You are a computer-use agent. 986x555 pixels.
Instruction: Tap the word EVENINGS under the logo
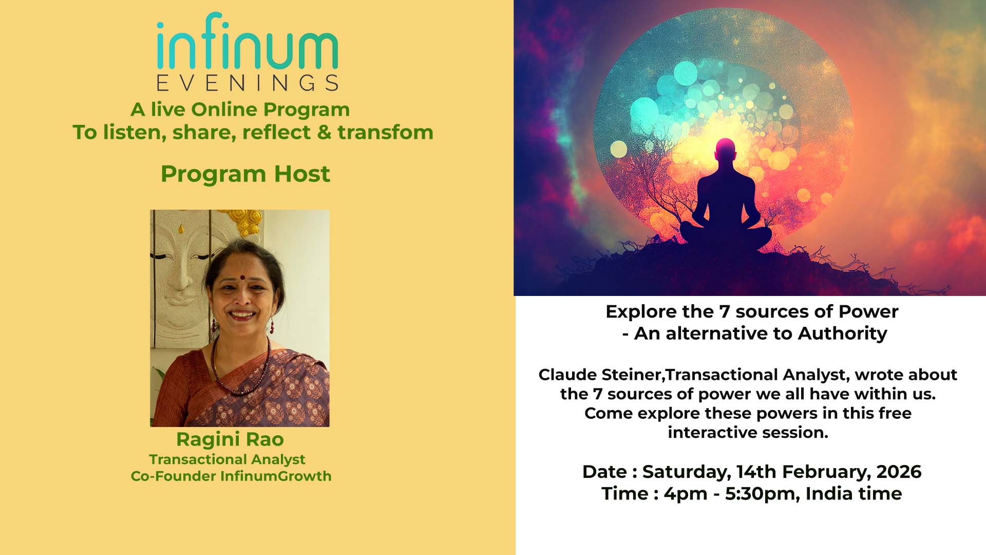click(247, 83)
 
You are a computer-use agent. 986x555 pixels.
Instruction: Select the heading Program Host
click(245, 174)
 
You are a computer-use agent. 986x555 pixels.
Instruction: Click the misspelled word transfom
click(385, 133)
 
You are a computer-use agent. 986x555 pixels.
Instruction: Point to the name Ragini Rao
click(230, 439)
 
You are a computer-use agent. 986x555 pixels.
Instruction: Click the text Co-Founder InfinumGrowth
click(231, 476)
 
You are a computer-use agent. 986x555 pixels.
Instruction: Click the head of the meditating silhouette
click(725, 151)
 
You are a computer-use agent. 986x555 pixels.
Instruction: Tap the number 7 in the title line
click(724, 312)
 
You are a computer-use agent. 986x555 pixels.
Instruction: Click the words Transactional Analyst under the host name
click(227, 459)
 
